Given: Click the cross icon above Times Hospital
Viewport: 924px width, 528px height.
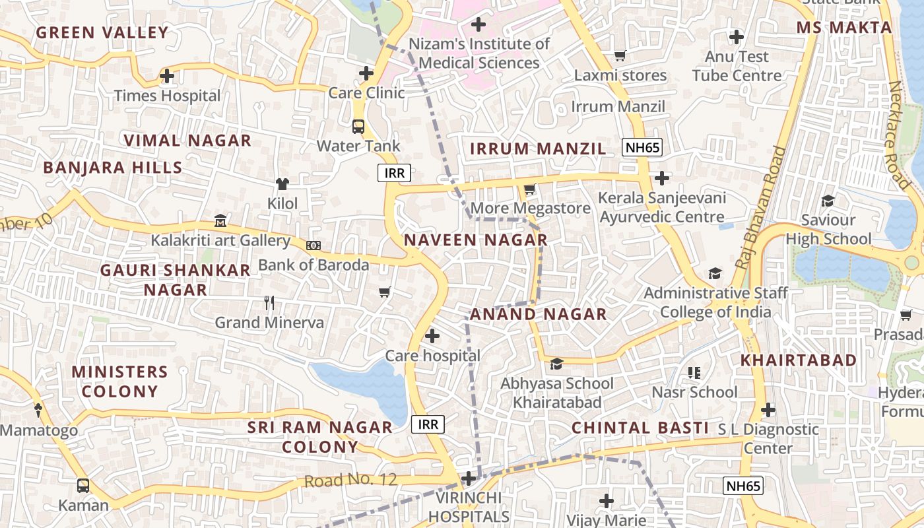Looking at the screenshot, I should (167, 76).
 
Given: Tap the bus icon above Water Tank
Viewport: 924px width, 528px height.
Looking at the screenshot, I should (358, 126).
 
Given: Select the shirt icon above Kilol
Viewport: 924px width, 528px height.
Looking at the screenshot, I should (282, 183).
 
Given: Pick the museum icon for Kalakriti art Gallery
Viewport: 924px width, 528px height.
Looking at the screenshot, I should (220, 220).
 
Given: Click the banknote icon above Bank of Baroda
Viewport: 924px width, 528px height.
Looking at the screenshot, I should (313, 246).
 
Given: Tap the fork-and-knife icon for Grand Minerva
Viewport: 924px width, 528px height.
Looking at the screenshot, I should (269, 303).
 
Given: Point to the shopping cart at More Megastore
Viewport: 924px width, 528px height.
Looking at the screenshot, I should (529, 189).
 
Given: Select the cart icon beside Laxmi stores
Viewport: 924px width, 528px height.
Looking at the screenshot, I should (620, 55).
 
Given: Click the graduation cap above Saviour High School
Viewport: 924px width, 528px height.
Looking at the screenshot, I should (828, 201).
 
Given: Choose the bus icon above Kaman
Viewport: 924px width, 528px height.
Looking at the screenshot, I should (83, 486).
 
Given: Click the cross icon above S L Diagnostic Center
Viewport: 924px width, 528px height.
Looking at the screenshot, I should (768, 410).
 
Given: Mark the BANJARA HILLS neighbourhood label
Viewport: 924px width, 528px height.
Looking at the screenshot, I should (113, 168).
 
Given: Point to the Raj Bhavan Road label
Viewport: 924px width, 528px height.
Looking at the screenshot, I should (761, 208).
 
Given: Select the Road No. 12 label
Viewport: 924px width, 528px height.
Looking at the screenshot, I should (350, 480).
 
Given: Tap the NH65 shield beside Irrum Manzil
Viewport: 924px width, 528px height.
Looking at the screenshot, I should (642, 147).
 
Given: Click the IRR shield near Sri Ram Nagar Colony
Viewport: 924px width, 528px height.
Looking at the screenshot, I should (428, 424).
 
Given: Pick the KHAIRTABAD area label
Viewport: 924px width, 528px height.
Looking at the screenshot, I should (798, 360).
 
